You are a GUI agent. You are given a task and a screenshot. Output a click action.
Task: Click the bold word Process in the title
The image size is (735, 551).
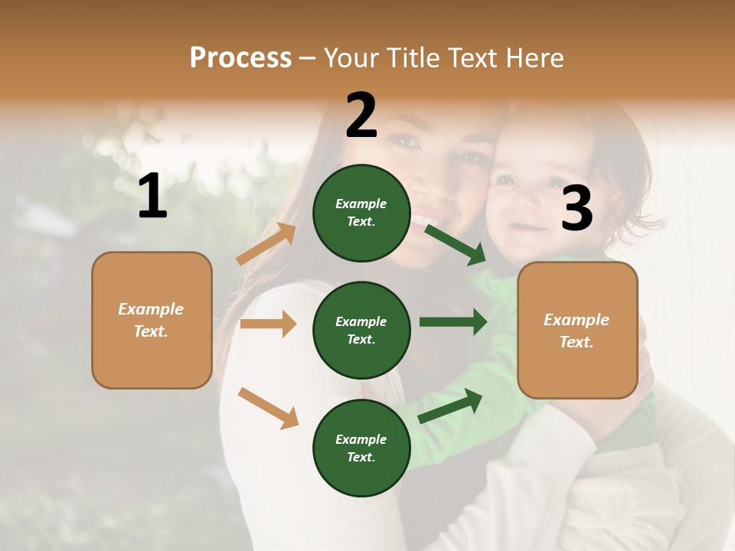click(240, 58)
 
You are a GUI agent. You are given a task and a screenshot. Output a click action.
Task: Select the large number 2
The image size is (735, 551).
click(361, 116)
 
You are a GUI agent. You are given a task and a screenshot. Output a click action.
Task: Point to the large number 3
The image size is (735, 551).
click(577, 209)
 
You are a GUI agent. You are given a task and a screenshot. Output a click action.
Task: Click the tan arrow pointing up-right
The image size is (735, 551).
click(266, 244)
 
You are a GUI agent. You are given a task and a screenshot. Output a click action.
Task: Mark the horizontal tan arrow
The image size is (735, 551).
click(268, 324)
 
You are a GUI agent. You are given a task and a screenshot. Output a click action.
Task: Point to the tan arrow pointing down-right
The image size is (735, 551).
click(268, 407)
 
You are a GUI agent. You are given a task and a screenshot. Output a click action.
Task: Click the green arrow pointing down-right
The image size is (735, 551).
click(456, 244)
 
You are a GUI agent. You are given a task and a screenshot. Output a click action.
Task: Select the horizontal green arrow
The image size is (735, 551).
click(453, 321)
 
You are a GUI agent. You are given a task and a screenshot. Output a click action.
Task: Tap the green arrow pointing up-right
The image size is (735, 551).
click(450, 406)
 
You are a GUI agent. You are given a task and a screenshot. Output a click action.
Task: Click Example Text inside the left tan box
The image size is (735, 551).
click(151, 320)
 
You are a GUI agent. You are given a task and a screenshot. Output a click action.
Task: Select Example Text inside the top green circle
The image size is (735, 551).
click(361, 212)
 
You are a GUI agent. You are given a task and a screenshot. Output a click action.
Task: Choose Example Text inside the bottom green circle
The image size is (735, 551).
click(361, 448)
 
